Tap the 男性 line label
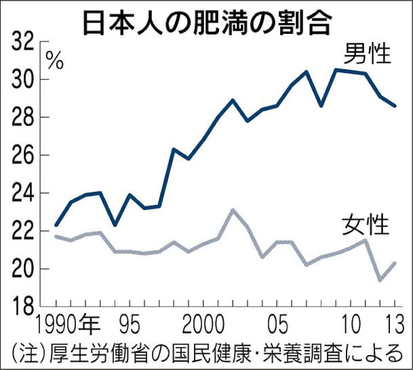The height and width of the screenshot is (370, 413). click(368, 55)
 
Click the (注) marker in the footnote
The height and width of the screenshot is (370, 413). click(26, 353)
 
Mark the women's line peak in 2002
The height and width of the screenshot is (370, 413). click(233, 209)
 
